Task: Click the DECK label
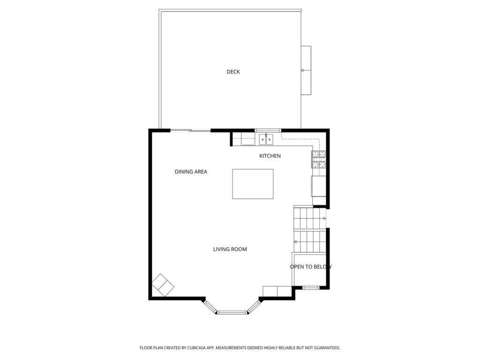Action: point(233,72)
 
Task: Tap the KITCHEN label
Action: point(270,156)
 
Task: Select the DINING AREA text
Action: point(191,172)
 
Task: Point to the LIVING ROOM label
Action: point(230,249)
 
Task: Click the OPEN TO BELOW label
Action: point(310,267)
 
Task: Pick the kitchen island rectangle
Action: point(253,184)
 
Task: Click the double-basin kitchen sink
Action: point(266,140)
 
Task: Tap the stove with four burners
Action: point(319,159)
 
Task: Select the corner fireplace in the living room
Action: point(163,285)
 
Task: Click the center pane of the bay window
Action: point(232,313)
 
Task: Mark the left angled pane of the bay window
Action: point(210,307)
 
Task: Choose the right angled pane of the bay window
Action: point(254,307)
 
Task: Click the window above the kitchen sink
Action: point(268,130)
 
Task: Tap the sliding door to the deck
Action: point(190,131)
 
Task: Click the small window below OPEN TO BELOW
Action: point(311,287)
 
